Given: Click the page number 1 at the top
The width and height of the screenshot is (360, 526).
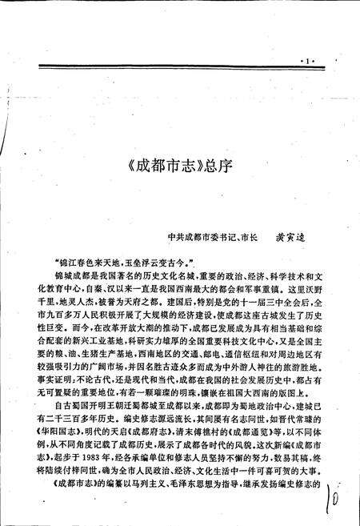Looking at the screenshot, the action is click(x=307, y=59).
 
